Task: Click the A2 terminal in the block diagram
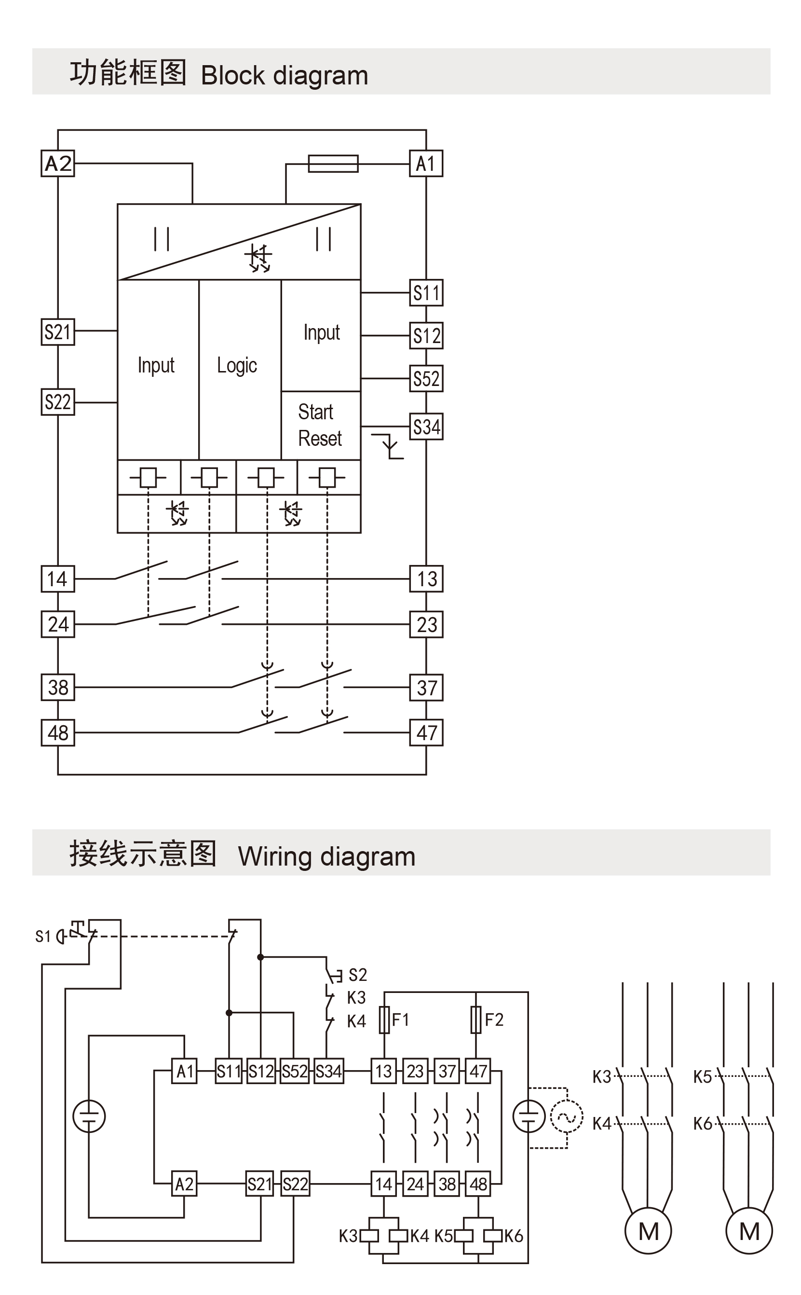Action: [58, 163]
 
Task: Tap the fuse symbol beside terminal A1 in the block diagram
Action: [333, 164]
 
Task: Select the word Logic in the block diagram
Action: [237, 366]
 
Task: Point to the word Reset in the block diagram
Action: [320, 439]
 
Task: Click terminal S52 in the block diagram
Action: [426, 379]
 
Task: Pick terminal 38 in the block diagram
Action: [58, 688]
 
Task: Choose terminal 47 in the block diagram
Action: [426, 733]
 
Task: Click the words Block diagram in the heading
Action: [285, 75]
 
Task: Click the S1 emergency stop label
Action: [43, 937]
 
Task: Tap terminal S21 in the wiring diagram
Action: [259, 1184]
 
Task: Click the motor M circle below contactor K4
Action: [648, 1231]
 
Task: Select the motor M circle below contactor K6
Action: [748, 1231]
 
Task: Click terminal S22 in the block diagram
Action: [58, 402]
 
